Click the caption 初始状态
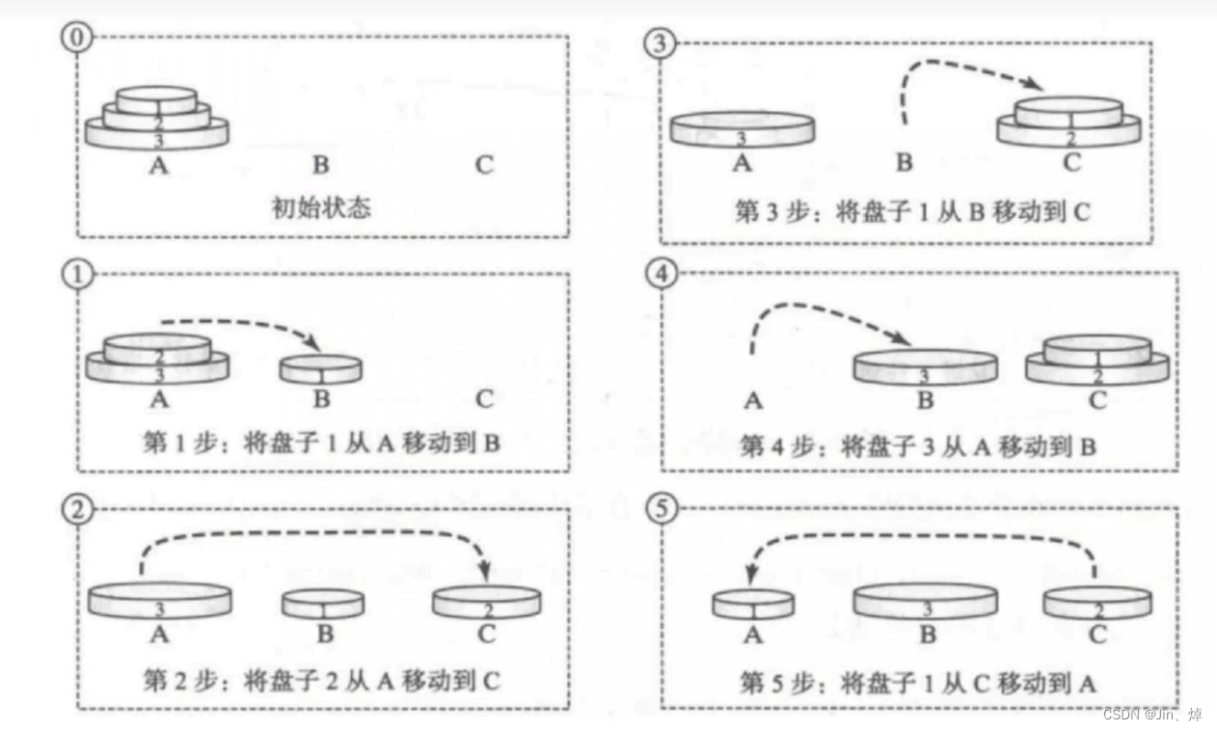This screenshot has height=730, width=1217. point(321,207)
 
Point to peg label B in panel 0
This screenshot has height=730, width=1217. point(321,165)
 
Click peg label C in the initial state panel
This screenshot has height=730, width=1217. point(484,165)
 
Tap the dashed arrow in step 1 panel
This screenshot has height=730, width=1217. point(241,325)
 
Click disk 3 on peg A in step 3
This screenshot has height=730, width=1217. point(742,130)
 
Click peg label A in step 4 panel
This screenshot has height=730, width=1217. point(754,401)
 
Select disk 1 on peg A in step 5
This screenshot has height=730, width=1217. point(753,604)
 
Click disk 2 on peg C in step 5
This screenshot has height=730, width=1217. point(1096,603)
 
